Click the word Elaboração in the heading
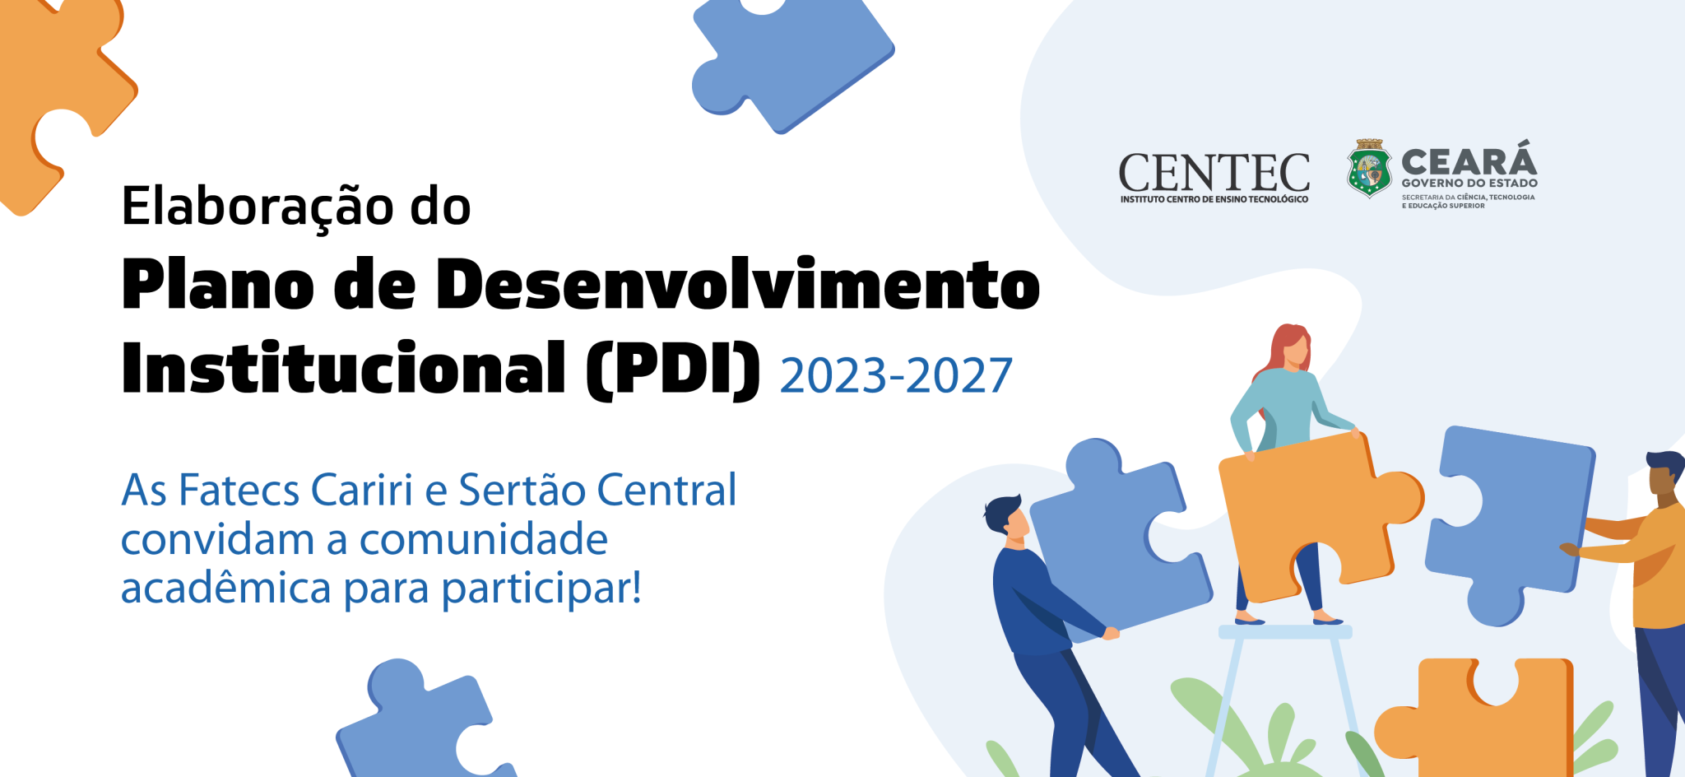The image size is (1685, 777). pos(258,206)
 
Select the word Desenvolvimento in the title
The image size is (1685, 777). pos(738,284)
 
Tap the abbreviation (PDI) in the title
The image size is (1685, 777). pos(674,370)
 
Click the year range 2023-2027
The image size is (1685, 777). pos(896,376)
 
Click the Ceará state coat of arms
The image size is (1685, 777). pos(1369,168)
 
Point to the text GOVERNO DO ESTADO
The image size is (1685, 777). pos(1469,184)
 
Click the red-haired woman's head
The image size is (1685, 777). pos(1290,347)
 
